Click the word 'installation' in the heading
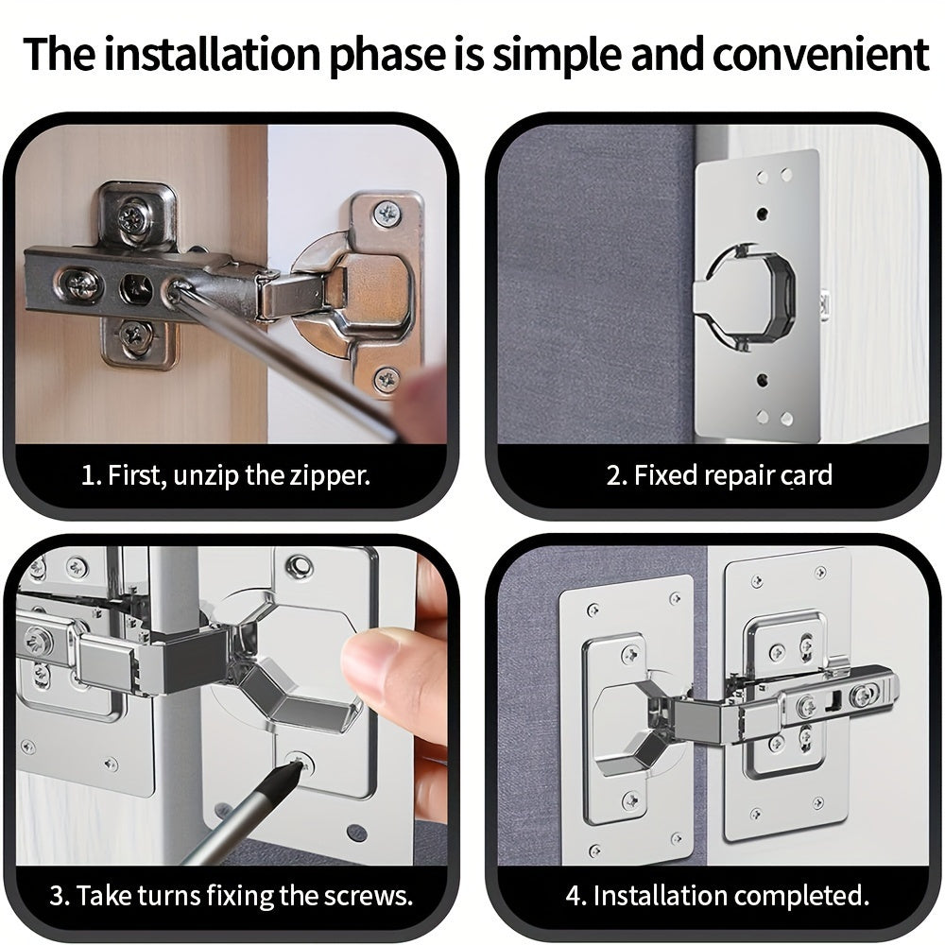[x=212, y=54]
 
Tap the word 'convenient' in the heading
[x=820, y=54]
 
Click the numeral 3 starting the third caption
[x=58, y=896]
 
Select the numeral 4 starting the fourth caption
[x=574, y=896]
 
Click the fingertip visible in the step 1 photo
[x=421, y=398]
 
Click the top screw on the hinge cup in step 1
[x=387, y=212]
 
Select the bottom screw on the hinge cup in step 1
[x=387, y=380]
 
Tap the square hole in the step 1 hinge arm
[x=135, y=289]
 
